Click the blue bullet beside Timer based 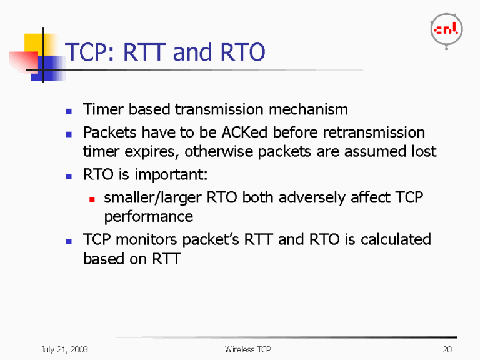(x=69, y=111)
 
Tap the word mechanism (x=308, y=110)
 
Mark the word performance (x=148, y=217)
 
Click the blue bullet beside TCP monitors (x=69, y=241)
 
